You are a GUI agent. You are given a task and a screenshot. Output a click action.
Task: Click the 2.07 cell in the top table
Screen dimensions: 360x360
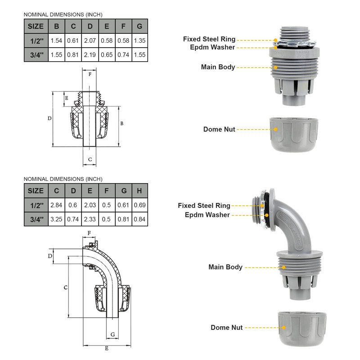pos(90,40)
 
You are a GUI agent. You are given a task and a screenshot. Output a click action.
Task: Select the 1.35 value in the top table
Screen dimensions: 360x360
pos(139,40)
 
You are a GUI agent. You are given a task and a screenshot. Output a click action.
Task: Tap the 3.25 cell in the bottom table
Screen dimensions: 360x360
pos(56,220)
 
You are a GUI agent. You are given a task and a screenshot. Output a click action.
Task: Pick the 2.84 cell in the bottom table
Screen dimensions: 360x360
pos(56,205)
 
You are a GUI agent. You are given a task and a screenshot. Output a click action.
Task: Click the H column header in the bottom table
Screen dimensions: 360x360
pos(139,191)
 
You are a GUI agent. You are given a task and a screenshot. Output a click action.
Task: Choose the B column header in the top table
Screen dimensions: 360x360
pos(56,26)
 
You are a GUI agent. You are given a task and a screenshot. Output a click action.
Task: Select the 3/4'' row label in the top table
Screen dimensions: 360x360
pos(36,55)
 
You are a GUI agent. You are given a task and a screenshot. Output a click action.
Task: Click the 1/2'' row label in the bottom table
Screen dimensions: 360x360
pos(36,205)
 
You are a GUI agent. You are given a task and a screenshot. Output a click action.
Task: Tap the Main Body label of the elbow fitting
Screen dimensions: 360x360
pos(225,267)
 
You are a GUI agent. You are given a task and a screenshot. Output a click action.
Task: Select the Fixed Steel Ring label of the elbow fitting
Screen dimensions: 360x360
pos(204,206)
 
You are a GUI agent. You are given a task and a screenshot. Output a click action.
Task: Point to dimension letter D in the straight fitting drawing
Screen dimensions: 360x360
pos(49,118)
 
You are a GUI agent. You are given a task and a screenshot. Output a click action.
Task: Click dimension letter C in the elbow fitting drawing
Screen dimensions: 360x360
pos(65,287)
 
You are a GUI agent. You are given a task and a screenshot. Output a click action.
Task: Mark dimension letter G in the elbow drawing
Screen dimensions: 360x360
pos(112,333)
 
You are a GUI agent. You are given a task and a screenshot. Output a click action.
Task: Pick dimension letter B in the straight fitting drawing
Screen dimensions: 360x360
pos(122,123)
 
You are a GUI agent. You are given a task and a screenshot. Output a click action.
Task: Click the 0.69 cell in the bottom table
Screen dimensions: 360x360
pos(139,205)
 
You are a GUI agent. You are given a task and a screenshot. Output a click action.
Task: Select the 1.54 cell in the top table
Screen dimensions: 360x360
pos(56,40)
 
